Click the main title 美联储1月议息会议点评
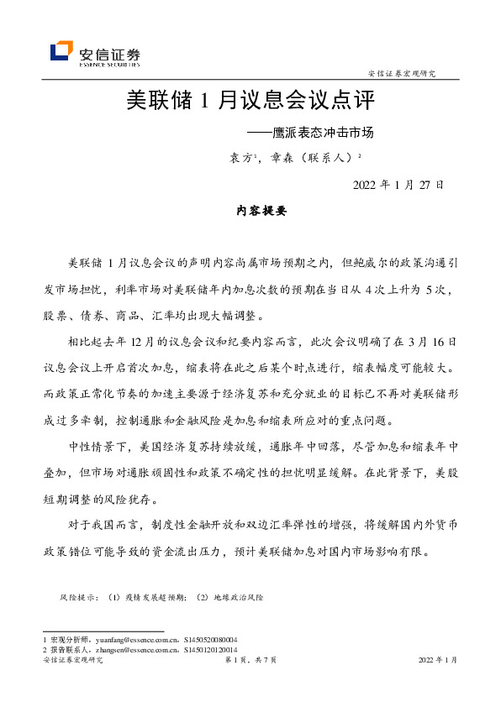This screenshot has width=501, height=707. coord(250,102)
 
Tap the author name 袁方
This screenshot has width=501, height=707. coord(242,157)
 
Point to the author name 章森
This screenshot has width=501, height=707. coord(282,157)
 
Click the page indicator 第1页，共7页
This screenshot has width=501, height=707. coord(250,662)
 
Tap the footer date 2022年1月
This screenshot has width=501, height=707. coord(437,662)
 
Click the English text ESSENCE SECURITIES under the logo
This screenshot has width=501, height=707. coord(109,64)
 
